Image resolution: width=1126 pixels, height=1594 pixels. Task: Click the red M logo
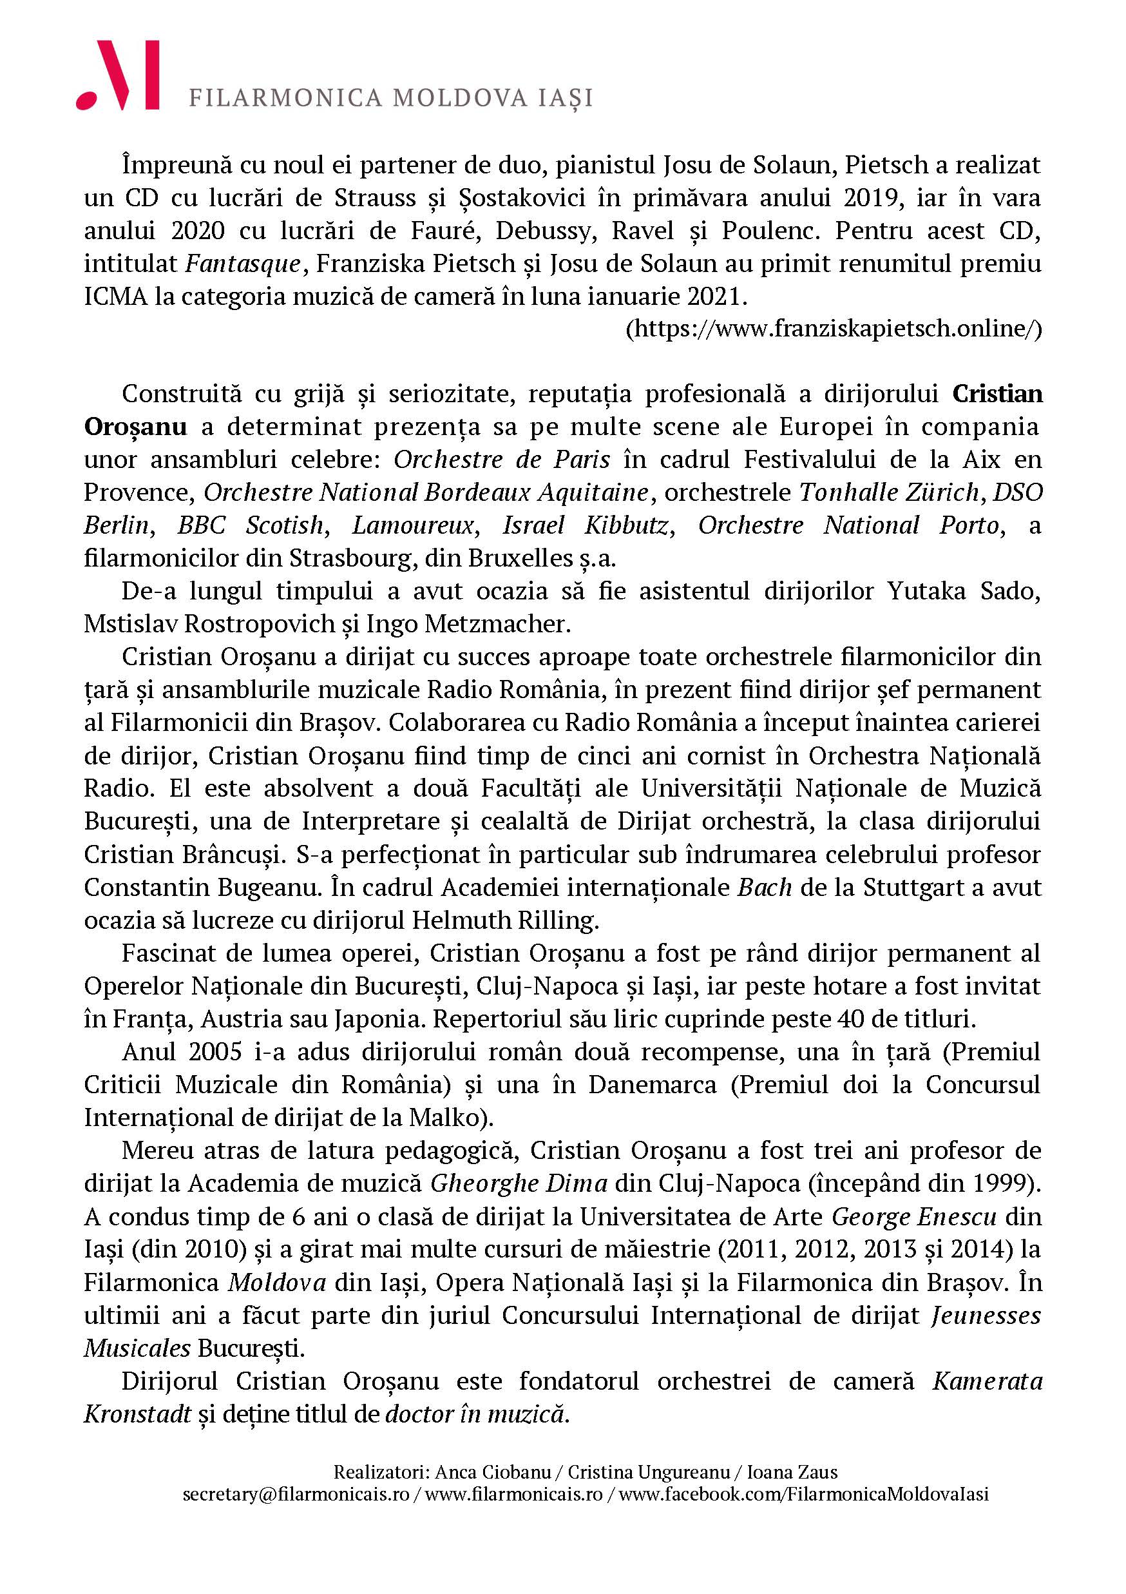point(118,75)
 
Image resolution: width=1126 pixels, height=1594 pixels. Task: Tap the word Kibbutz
point(629,525)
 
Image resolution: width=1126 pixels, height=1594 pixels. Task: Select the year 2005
point(215,1052)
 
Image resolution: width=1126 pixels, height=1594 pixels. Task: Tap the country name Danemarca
point(652,1084)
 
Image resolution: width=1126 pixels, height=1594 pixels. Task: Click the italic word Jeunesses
point(986,1315)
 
